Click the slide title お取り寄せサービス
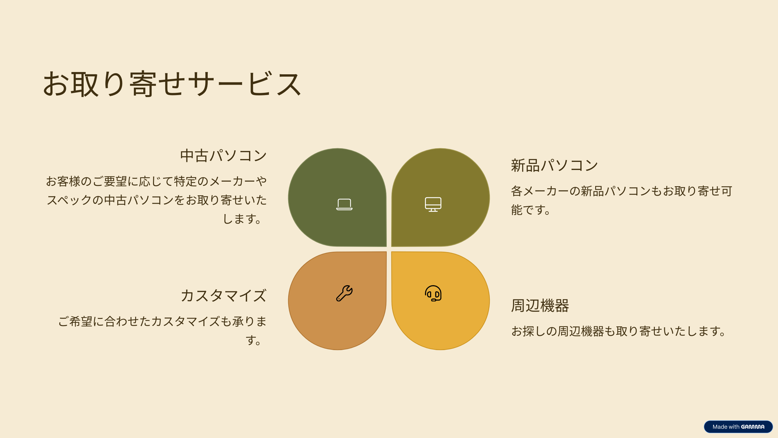pos(172,84)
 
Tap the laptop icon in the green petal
pos(344,204)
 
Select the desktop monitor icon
pos(433,204)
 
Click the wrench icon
pos(344,293)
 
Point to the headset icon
pos(433,293)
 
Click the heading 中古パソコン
pos(223,155)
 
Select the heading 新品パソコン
pos(554,165)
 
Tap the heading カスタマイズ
pos(224,296)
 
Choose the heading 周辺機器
pos(540,305)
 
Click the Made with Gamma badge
pos(738,427)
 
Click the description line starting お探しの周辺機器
pos(619,331)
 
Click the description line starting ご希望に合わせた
pos(162,322)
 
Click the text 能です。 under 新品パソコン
pos(530,210)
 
